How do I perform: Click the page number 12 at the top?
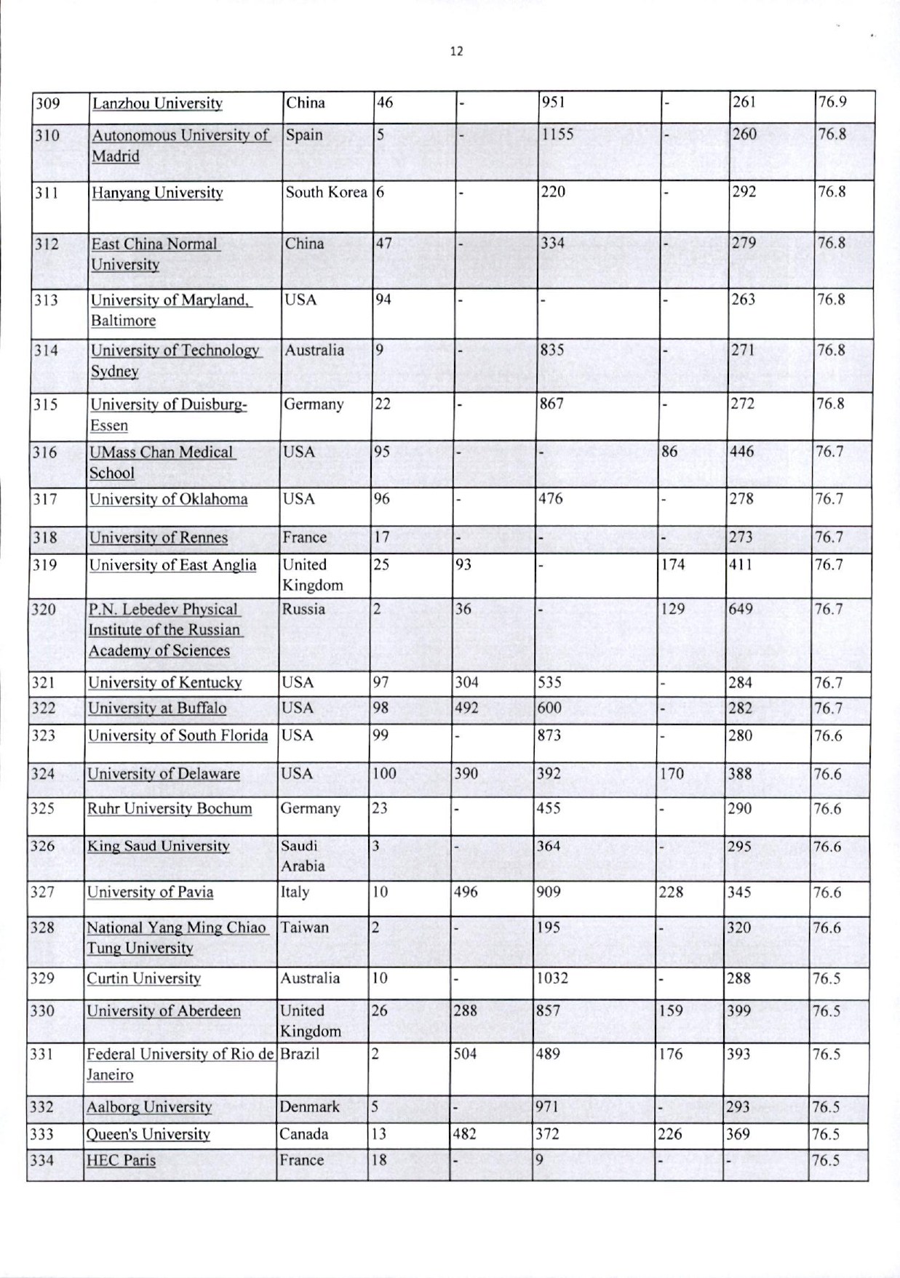[x=456, y=52]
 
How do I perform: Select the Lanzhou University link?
[x=156, y=103]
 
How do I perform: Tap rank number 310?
[x=47, y=135]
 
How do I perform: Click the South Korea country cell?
[x=325, y=193]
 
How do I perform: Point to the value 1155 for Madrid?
[x=557, y=135]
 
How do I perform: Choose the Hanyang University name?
[x=156, y=193]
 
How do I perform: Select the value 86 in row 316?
[x=669, y=452]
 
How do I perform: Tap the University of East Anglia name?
[x=172, y=565]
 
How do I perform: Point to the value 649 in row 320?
[x=740, y=610]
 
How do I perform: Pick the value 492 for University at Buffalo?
[x=466, y=708]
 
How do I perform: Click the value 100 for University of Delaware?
[x=384, y=774]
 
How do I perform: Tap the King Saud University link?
[x=158, y=846]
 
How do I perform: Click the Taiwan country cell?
[x=304, y=927]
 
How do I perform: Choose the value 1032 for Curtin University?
[x=551, y=978]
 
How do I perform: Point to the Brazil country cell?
[x=300, y=1054]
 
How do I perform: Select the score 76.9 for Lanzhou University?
[x=832, y=103]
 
